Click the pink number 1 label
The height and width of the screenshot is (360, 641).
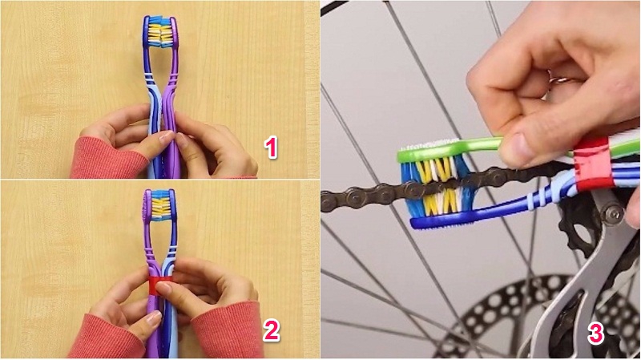click(x=272, y=147)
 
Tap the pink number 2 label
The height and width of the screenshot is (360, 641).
click(x=272, y=329)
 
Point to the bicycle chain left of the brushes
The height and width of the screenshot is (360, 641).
click(x=361, y=194)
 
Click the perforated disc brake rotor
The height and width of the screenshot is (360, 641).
click(x=497, y=313)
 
